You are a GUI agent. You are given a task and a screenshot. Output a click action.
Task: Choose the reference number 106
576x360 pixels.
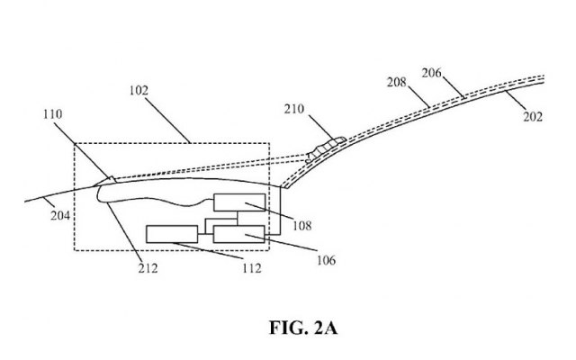[x=326, y=262]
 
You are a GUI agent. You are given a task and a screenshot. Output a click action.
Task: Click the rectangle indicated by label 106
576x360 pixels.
[x=239, y=235]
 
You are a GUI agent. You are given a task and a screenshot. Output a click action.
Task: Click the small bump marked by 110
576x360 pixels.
[x=106, y=180]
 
